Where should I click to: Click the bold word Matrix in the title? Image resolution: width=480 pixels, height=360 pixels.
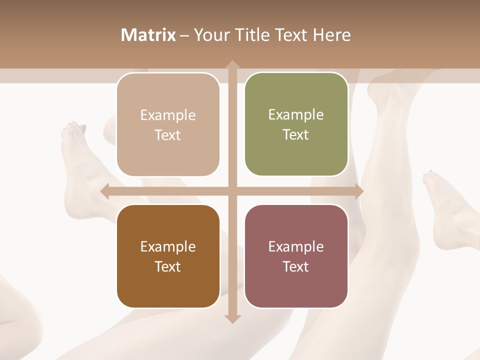tap(148, 35)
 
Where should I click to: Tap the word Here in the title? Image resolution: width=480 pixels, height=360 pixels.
tap(332, 35)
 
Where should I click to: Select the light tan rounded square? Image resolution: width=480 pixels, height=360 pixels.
tap(168, 124)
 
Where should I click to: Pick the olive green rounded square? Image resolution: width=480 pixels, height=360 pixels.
tap(296, 124)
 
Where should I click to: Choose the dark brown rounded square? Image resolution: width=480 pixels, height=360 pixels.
tap(168, 256)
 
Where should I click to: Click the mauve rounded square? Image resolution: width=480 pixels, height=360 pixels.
tap(296, 256)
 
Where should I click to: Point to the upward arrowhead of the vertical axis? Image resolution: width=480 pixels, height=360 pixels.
tap(232, 65)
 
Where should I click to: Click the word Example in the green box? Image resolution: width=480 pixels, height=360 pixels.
tap(296, 115)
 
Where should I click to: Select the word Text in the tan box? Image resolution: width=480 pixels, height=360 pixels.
tap(168, 135)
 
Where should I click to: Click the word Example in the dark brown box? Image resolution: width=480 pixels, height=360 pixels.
tap(168, 246)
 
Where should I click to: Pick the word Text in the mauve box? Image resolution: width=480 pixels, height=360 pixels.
tap(296, 266)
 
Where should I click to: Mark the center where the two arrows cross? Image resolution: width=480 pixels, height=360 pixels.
tap(232, 191)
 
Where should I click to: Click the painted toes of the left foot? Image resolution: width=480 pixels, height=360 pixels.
tap(73, 129)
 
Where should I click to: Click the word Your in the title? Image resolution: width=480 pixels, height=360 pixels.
tap(209, 35)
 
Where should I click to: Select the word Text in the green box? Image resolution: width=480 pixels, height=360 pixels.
tap(296, 134)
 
